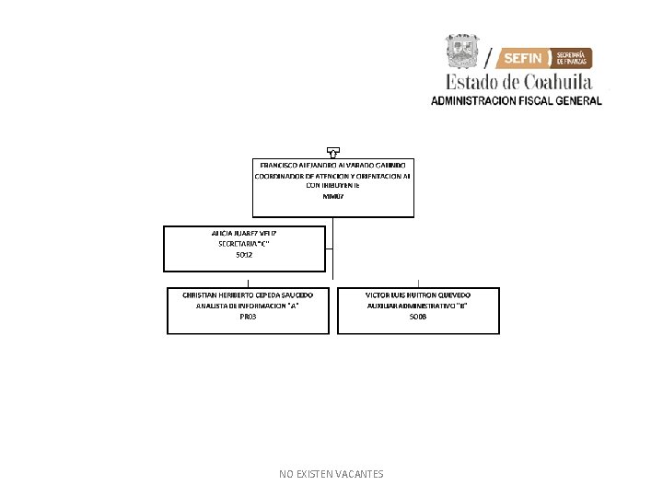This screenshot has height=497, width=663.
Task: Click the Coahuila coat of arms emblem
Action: tap(463, 52)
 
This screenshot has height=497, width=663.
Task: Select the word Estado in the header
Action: tap(472, 81)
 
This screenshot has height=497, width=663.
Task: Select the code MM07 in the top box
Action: tap(332, 196)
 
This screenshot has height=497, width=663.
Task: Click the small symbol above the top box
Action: tap(332, 150)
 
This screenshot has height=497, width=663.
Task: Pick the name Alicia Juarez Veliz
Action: tap(244, 233)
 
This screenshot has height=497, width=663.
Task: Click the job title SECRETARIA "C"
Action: tap(244, 244)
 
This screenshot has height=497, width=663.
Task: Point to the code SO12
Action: tap(244, 255)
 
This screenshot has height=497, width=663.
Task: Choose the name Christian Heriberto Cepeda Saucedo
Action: tap(248, 295)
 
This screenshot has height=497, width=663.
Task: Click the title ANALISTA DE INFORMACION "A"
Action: tap(248, 305)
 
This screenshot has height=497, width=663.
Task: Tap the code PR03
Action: tap(248, 316)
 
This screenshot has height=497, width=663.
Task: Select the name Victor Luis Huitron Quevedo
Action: tap(418, 295)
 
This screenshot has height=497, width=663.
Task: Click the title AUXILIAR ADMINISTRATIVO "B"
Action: tap(418, 305)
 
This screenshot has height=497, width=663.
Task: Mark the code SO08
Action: tap(418, 316)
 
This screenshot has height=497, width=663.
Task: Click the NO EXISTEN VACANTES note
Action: tap(331, 474)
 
